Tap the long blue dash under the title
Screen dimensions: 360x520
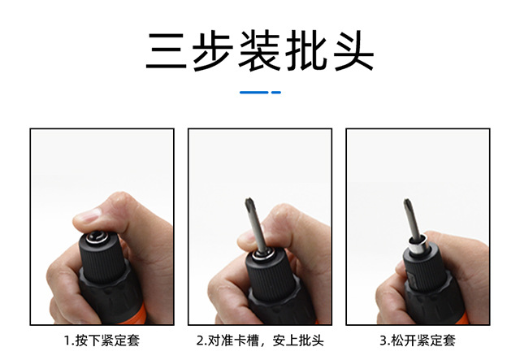(253, 92)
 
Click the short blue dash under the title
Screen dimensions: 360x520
(275, 92)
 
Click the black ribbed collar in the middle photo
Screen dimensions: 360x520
(268, 280)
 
